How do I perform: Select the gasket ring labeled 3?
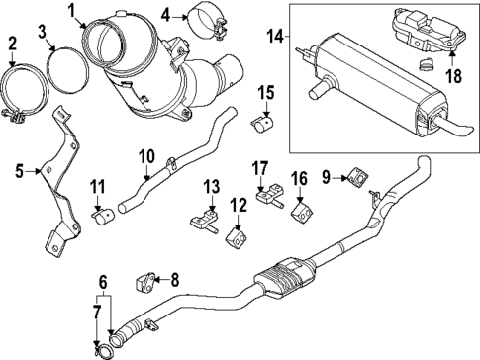click(x=64, y=78)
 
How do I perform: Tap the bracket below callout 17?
click(x=267, y=196)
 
